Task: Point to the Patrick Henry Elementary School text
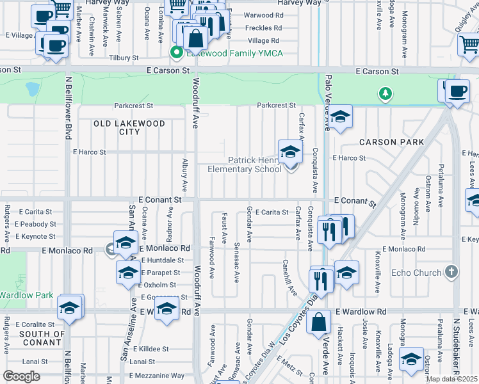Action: [x=245, y=164]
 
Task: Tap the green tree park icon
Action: [x=385, y=94]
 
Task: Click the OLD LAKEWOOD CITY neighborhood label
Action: [x=129, y=127]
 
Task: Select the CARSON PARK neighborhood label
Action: [x=391, y=141]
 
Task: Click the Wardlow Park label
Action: [x=25, y=295]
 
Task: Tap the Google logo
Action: [x=21, y=376]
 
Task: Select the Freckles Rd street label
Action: [x=264, y=28]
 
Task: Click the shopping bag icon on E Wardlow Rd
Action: [x=319, y=323]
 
